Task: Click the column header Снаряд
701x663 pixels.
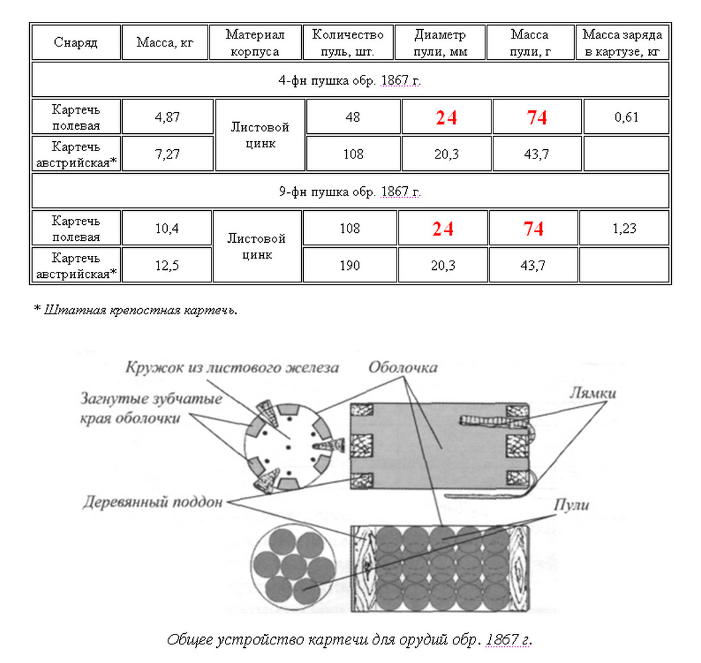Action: tap(76, 43)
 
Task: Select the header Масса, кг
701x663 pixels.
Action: tap(164, 43)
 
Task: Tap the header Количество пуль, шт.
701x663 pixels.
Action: tap(348, 42)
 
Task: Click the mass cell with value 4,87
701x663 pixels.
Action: tap(167, 117)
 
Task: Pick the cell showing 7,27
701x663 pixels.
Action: tap(167, 154)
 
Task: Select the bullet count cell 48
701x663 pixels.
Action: tap(353, 117)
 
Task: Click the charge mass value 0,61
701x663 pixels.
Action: tap(626, 117)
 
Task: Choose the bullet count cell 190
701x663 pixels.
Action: tap(350, 265)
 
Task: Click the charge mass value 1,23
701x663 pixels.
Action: tap(625, 229)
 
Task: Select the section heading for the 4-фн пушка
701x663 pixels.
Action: tap(350, 80)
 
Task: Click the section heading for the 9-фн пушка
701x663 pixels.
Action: tap(350, 192)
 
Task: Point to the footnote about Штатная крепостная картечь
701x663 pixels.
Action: tap(135, 310)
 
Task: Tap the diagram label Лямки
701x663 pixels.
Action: tap(592, 392)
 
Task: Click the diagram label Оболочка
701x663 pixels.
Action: tap(403, 367)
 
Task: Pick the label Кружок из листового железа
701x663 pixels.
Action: tap(231, 367)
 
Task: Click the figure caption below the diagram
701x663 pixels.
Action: tap(350, 640)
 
